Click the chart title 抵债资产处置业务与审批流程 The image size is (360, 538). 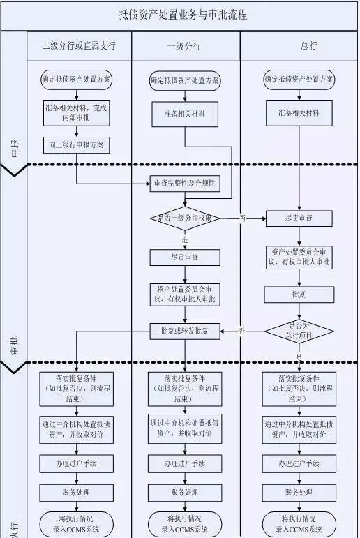[x=183, y=15]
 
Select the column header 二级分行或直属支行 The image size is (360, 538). [x=77, y=46]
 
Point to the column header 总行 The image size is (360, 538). [x=299, y=46]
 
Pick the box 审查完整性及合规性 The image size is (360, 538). [x=184, y=184]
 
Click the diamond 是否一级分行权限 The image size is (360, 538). [x=184, y=218]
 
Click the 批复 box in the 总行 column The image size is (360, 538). [x=299, y=294]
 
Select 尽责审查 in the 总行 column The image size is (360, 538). [x=299, y=219]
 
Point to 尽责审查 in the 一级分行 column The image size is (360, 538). [x=184, y=257]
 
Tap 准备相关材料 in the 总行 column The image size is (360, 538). [x=299, y=113]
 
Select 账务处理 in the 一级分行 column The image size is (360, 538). [x=184, y=493]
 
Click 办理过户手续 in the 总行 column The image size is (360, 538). [x=299, y=463]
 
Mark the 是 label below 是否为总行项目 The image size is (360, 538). [x=299, y=357]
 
